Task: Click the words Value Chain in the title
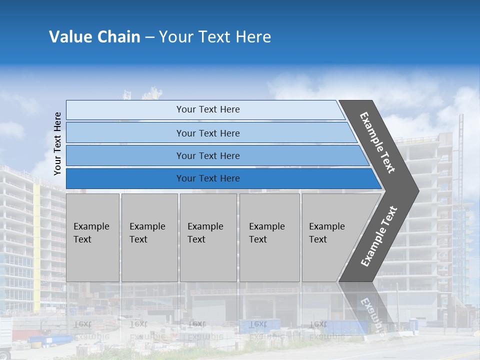(94, 37)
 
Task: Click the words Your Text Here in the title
(215, 37)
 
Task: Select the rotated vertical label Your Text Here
(57, 143)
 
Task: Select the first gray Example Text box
(92, 237)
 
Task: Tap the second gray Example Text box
(149, 237)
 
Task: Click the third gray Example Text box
(208, 237)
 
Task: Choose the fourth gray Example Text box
(269, 237)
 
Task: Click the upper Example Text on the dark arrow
(378, 142)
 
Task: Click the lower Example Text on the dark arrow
(378, 236)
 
